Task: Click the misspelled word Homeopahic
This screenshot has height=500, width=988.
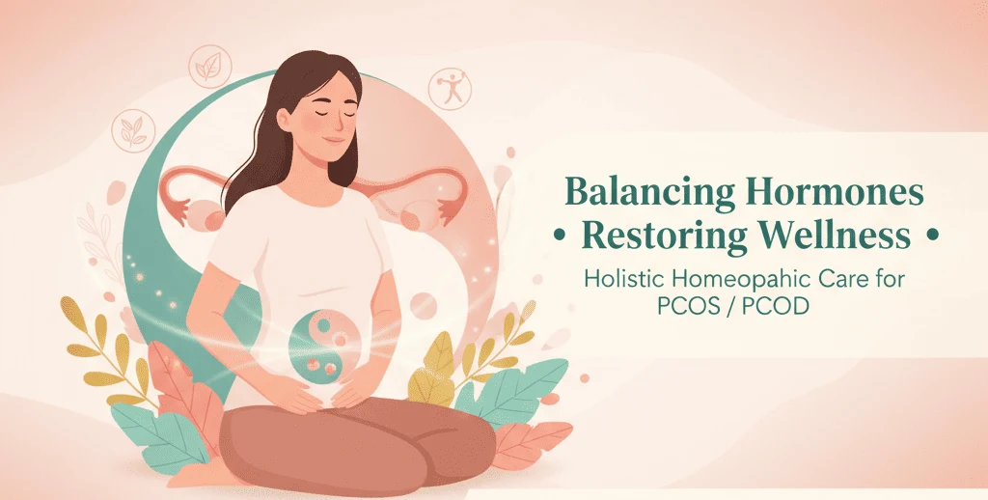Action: point(739,280)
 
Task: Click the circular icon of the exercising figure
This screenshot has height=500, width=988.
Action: point(449,89)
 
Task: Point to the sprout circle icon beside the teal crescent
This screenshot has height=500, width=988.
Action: point(133,130)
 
